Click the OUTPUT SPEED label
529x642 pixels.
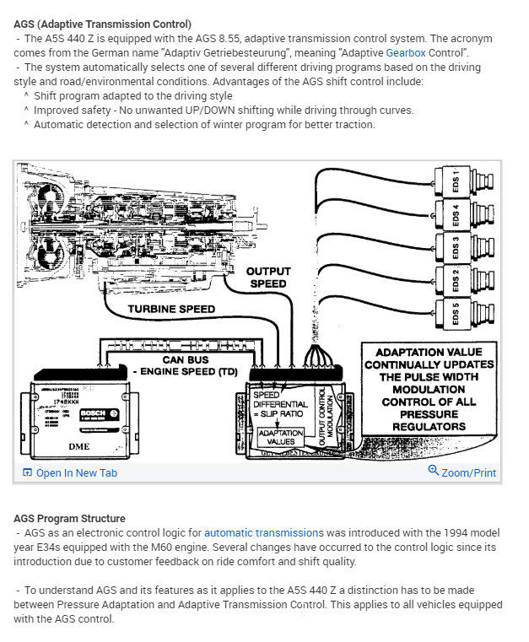coord(268,278)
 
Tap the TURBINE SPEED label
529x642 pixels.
coord(171,309)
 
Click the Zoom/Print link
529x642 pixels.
coord(462,472)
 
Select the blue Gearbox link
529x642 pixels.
coord(407,52)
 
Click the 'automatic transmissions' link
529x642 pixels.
coord(263,533)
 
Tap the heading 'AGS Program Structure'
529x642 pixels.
coord(70,518)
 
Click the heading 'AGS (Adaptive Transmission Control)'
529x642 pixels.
coord(102,24)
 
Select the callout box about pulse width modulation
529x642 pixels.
coord(427,389)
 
